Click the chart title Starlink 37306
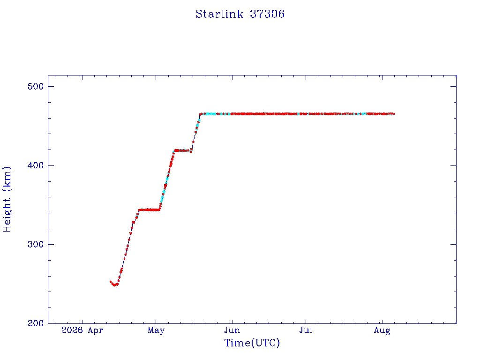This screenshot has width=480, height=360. coord(240,14)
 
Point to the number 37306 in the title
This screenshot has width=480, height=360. coord(267,14)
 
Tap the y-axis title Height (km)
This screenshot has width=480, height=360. coord(7,199)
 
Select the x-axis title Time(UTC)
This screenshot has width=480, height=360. coord(252,343)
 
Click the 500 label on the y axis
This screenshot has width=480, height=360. coord(36,86)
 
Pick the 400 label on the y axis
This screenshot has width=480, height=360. coord(36,165)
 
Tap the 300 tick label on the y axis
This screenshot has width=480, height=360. coord(36,244)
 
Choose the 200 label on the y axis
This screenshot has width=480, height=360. coord(36,323)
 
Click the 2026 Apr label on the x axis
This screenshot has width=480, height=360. coord(82,330)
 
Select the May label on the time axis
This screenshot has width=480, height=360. coord(156,330)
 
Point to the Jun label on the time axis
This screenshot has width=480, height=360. coord(232,330)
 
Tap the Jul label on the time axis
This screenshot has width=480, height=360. coord(306,330)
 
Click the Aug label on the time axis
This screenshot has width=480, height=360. coord(382,330)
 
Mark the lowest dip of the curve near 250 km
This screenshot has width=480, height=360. coord(114,285)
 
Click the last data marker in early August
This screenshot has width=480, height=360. coord(394,114)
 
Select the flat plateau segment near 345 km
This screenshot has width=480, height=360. coord(149,210)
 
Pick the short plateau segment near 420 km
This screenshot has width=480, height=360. coord(183,150)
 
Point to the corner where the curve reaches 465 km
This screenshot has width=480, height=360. coord(200,114)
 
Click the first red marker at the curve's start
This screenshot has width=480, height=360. coord(111,282)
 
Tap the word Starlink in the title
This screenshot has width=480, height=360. coord(219,14)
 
